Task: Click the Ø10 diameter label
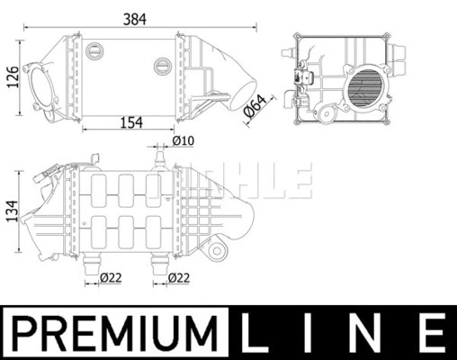[184, 141]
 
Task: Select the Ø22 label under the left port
[111, 277]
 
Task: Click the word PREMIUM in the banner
[117, 332]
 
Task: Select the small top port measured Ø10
[161, 159]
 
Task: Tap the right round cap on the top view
[163, 64]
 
